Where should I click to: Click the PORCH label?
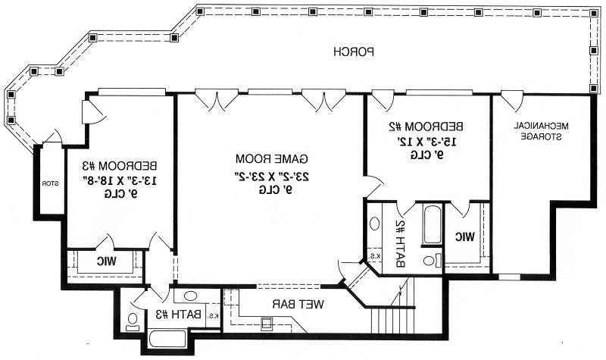click(x=354, y=52)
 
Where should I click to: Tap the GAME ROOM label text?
click(x=272, y=158)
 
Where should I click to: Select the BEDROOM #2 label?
click(x=426, y=127)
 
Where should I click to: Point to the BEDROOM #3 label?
click(x=120, y=166)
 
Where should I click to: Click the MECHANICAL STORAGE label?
click(x=541, y=131)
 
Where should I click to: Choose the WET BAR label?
click(x=298, y=305)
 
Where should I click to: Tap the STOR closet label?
click(x=50, y=183)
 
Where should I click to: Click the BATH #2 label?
click(x=400, y=244)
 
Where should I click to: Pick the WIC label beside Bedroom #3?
click(x=106, y=261)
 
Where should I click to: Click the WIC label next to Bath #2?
click(x=464, y=236)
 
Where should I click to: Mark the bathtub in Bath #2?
click(x=432, y=224)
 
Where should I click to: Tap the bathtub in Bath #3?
click(x=167, y=339)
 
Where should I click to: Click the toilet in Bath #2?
click(x=432, y=260)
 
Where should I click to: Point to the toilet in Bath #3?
click(x=133, y=321)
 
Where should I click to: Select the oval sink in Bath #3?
click(x=190, y=296)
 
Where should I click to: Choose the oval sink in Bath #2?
click(x=374, y=224)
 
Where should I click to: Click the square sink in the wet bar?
click(x=267, y=323)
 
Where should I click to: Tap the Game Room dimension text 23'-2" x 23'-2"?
click(x=272, y=177)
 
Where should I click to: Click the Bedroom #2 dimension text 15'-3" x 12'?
click(x=426, y=142)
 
